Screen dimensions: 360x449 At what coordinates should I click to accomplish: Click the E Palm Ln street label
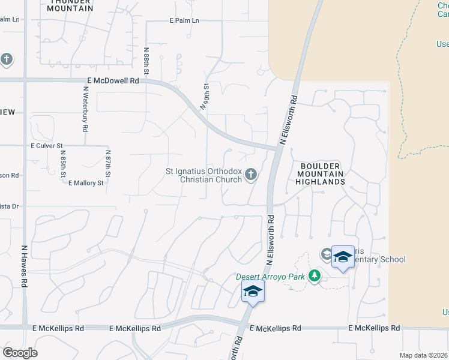click(x=184, y=20)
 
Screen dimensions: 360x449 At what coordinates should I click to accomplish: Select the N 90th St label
click(x=205, y=94)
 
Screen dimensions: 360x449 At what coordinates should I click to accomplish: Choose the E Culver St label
click(x=47, y=146)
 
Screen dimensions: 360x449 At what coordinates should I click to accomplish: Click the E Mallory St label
click(x=86, y=182)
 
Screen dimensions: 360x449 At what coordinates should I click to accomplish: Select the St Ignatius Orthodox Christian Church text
click(x=203, y=175)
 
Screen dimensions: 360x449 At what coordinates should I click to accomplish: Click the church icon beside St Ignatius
click(x=251, y=175)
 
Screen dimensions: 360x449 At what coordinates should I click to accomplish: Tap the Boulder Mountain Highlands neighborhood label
click(x=320, y=173)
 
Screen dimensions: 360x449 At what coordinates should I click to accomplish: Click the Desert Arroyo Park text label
click(x=270, y=277)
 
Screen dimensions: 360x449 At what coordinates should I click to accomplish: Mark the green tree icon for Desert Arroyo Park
click(x=313, y=276)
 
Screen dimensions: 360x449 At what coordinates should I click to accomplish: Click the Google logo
click(x=20, y=353)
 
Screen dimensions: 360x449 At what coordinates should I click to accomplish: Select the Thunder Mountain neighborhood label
click(x=70, y=5)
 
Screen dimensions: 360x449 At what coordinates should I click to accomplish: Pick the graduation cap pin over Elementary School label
click(x=342, y=257)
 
